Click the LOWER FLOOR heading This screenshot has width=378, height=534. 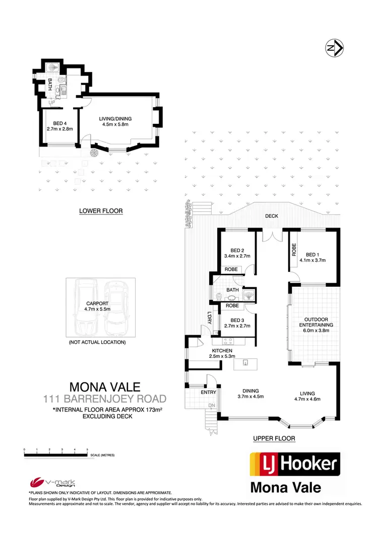(101, 211)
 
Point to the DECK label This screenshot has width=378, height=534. (273, 216)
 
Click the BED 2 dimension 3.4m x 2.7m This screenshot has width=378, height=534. (237, 256)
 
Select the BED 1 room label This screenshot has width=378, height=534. (312, 255)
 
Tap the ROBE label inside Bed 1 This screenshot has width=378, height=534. (293, 250)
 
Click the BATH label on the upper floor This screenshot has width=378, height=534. (232, 290)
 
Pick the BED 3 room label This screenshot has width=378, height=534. (237, 320)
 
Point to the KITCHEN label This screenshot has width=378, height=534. (222, 350)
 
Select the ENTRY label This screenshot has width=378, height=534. (208, 393)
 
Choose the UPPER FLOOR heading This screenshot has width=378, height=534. (274, 439)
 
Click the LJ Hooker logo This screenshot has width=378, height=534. (295, 464)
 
